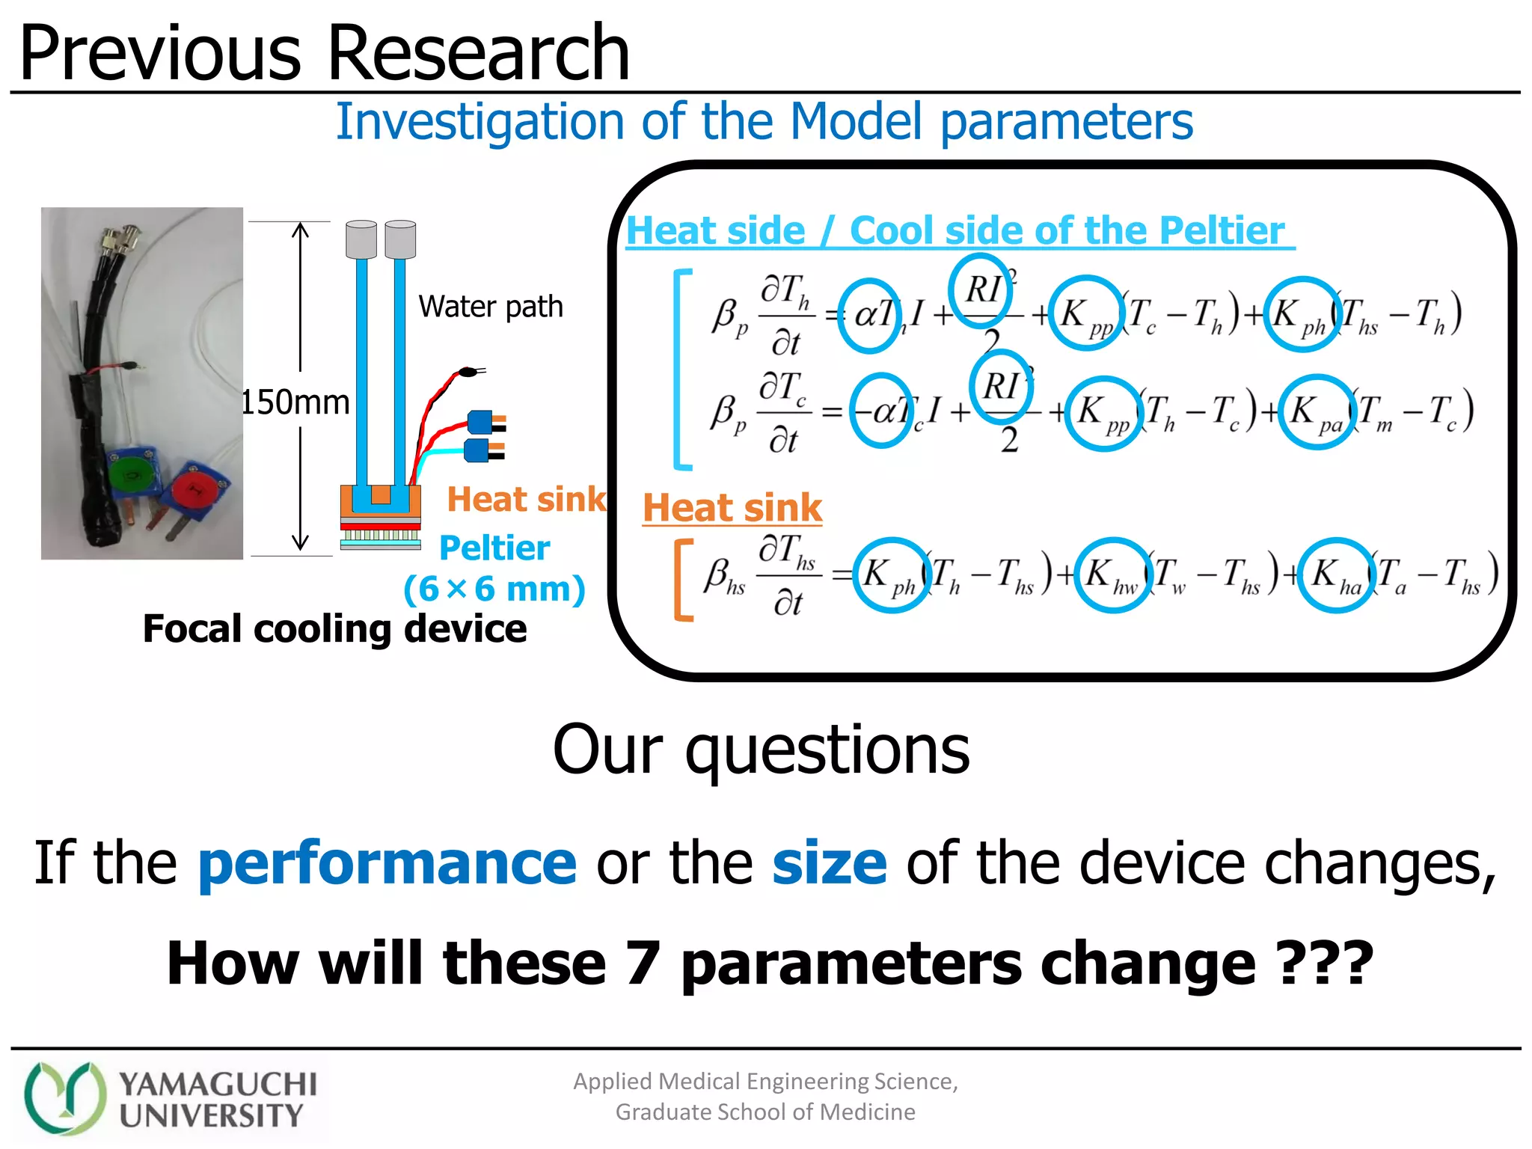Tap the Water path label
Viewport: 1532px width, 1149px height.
pos(490,307)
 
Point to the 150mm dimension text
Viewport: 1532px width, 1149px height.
pos(295,402)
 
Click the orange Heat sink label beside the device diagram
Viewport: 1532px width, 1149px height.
pos(526,499)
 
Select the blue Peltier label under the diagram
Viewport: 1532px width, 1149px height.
pos(494,548)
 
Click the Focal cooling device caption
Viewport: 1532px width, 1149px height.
pos(334,628)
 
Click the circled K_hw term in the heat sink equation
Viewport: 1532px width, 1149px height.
pos(1112,574)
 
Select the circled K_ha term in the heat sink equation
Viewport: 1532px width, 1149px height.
pos(1336,574)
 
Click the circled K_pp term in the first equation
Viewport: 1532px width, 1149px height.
pos(1085,313)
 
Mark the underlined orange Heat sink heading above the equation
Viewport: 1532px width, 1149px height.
pos(732,508)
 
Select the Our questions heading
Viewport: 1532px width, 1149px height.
pos(761,750)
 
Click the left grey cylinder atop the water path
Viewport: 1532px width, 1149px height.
pos(361,239)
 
